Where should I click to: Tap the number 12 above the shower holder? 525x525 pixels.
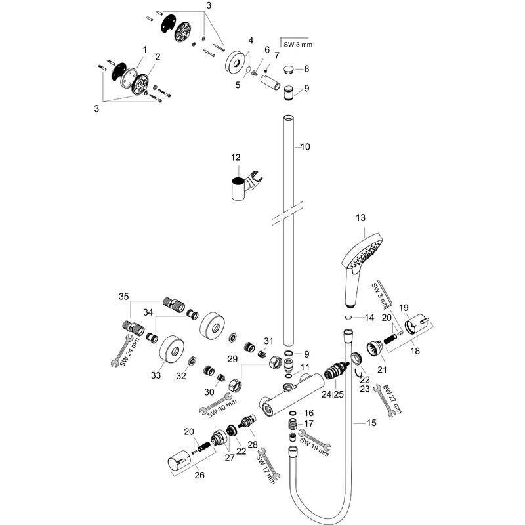coord(236,158)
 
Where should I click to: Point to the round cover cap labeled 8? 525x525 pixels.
coord(288,68)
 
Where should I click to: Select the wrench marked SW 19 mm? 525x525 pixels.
coord(314,440)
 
